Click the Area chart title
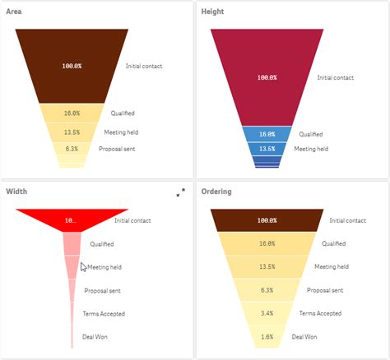pos(16,12)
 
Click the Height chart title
pos(212,12)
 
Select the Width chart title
pos(17,192)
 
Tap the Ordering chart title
pos(217,192)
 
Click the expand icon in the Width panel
pos(181,192)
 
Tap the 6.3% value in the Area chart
pos(72,149)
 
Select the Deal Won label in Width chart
pos(95,336)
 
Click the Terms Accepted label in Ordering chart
pos(320,313)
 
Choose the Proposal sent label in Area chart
pos(117,149)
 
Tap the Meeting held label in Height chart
pos(311,149)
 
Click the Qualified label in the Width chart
pos(102,244)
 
